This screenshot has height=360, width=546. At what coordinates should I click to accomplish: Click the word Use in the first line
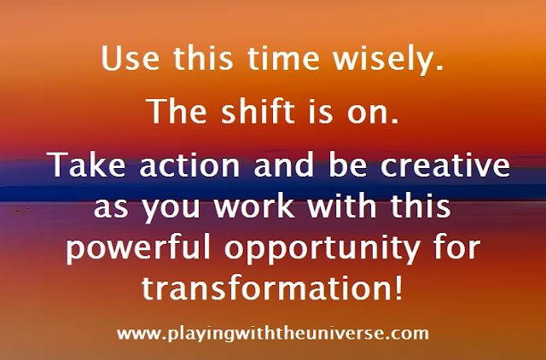pyautogui.click(x=131, y=58)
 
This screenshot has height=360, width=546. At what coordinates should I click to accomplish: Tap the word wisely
pyautogui.click(x=388, y=61)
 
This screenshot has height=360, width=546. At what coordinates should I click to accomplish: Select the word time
pyautogui.click(x=283, y=58)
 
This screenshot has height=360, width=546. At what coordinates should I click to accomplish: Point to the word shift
pyautogui.click(x=258, y=111)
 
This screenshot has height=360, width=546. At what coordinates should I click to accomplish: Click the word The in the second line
pyautogui.click(x=177, y=111)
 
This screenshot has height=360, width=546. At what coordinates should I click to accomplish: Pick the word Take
pyautogui.click(x=86, y=165)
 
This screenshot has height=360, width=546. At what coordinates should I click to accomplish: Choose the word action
pyautogui.click(x=189, y=165)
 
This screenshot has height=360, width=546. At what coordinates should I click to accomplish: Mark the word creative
pyautogui.click(x=445, y=165)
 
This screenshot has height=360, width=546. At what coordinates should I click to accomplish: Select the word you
pyautogui.click(x=171, y=209)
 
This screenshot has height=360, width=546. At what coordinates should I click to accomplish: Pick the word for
pyautogui.click(x=457, y=247)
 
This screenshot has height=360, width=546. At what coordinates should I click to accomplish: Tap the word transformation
pyautogui.click(x=266, y=287)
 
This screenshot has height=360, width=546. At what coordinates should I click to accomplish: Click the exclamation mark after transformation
pyautogui.click(x=399, y=287)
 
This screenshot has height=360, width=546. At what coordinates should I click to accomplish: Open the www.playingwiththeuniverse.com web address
pyautogui.click(x=273, y=334)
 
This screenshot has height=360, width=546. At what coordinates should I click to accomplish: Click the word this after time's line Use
pyautogui.click(x=203, y=58)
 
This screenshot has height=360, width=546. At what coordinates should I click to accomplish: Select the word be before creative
pyautogui.click(x=347, y=165)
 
